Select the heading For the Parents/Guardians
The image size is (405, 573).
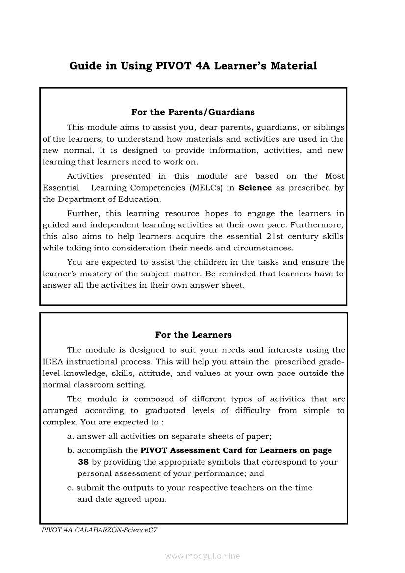[x=193, y=112]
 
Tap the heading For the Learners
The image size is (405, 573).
[x=193, y=335]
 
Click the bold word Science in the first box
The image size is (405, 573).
[x=255, y=188]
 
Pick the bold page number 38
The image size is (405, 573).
[x=83, y=462]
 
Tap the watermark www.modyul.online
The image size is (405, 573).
[x=202, y=556]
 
